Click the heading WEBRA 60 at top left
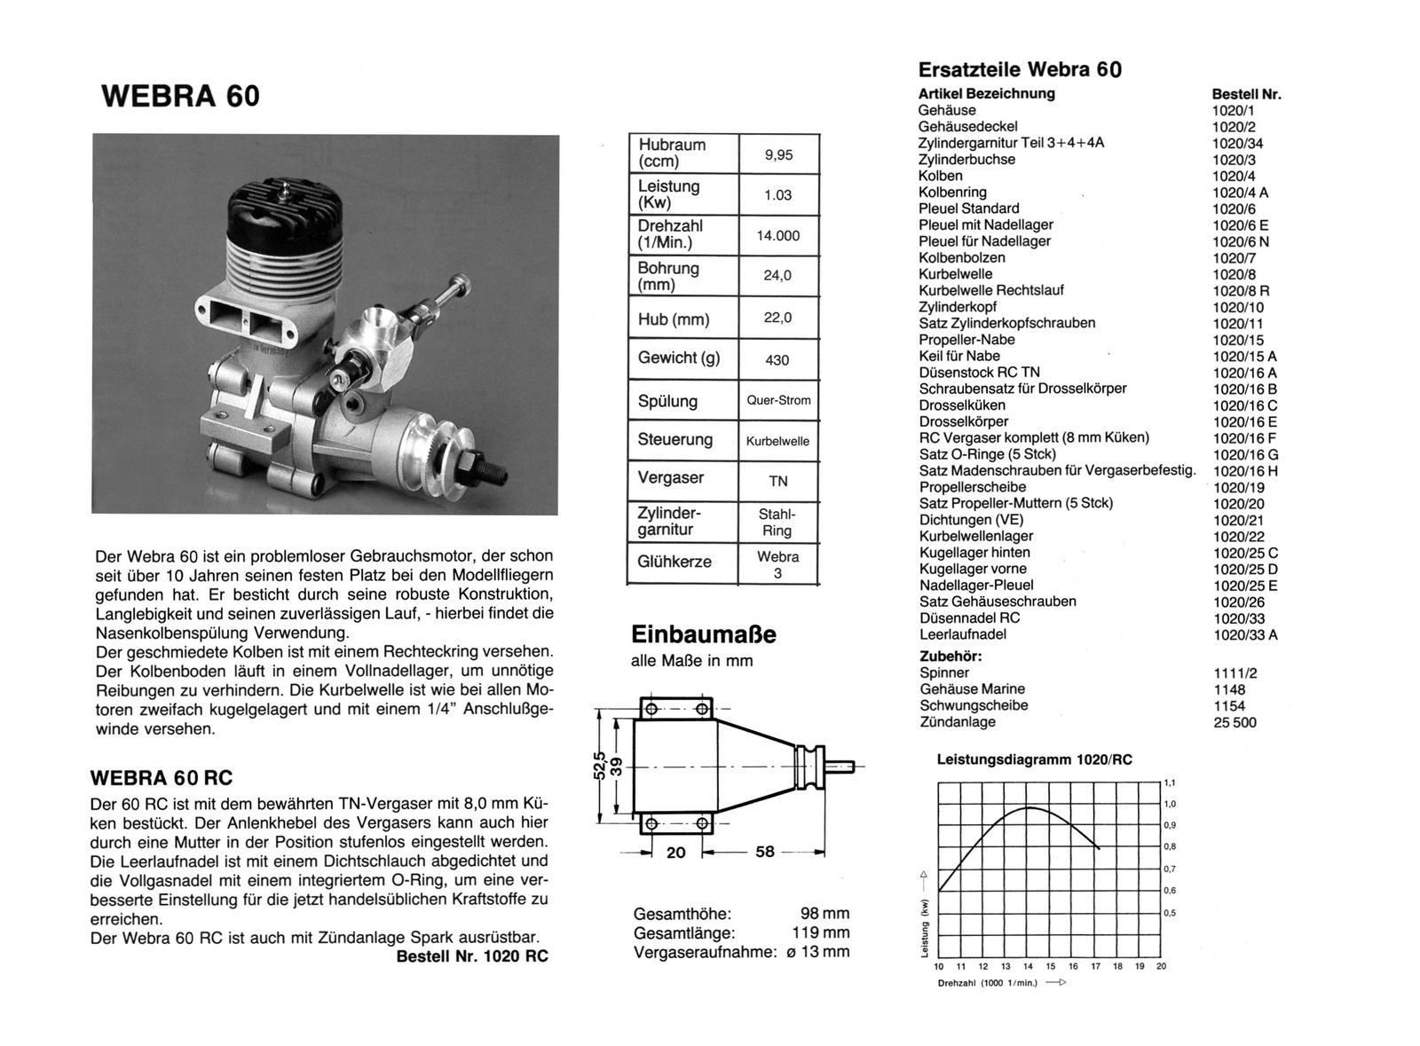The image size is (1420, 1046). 181,96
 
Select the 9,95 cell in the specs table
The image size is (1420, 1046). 778,154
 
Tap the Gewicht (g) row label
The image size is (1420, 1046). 679,358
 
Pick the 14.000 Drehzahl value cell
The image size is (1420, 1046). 778,235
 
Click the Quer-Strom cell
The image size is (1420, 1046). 778,400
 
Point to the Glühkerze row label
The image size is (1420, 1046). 674,562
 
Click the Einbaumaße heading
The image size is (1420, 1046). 703,634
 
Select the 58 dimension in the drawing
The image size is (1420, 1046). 764,852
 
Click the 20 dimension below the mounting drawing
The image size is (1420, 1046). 675,852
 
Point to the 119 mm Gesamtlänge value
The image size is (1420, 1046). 821,932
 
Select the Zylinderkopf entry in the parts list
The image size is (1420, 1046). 958,307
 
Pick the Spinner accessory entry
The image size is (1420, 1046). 944,672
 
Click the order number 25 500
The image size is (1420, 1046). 1235,723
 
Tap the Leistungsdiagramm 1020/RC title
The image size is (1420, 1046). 1034,760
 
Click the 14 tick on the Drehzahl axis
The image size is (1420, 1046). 1028,966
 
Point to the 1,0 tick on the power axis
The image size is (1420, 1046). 1170,804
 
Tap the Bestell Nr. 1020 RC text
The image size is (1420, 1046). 471,956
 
